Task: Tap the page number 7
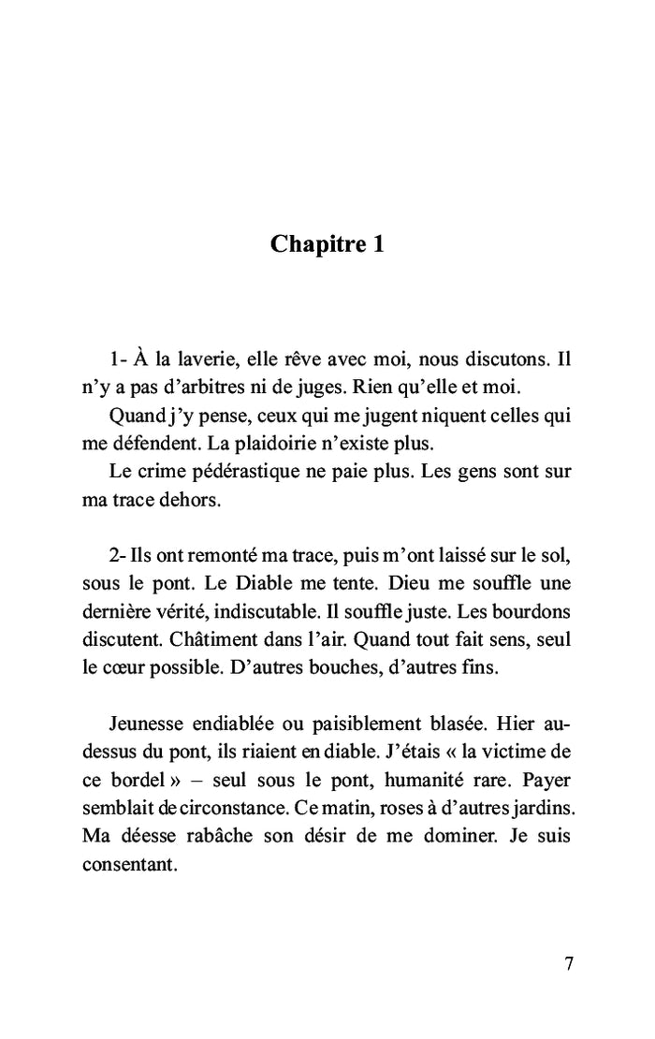point(570,965)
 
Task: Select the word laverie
point(205,359)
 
